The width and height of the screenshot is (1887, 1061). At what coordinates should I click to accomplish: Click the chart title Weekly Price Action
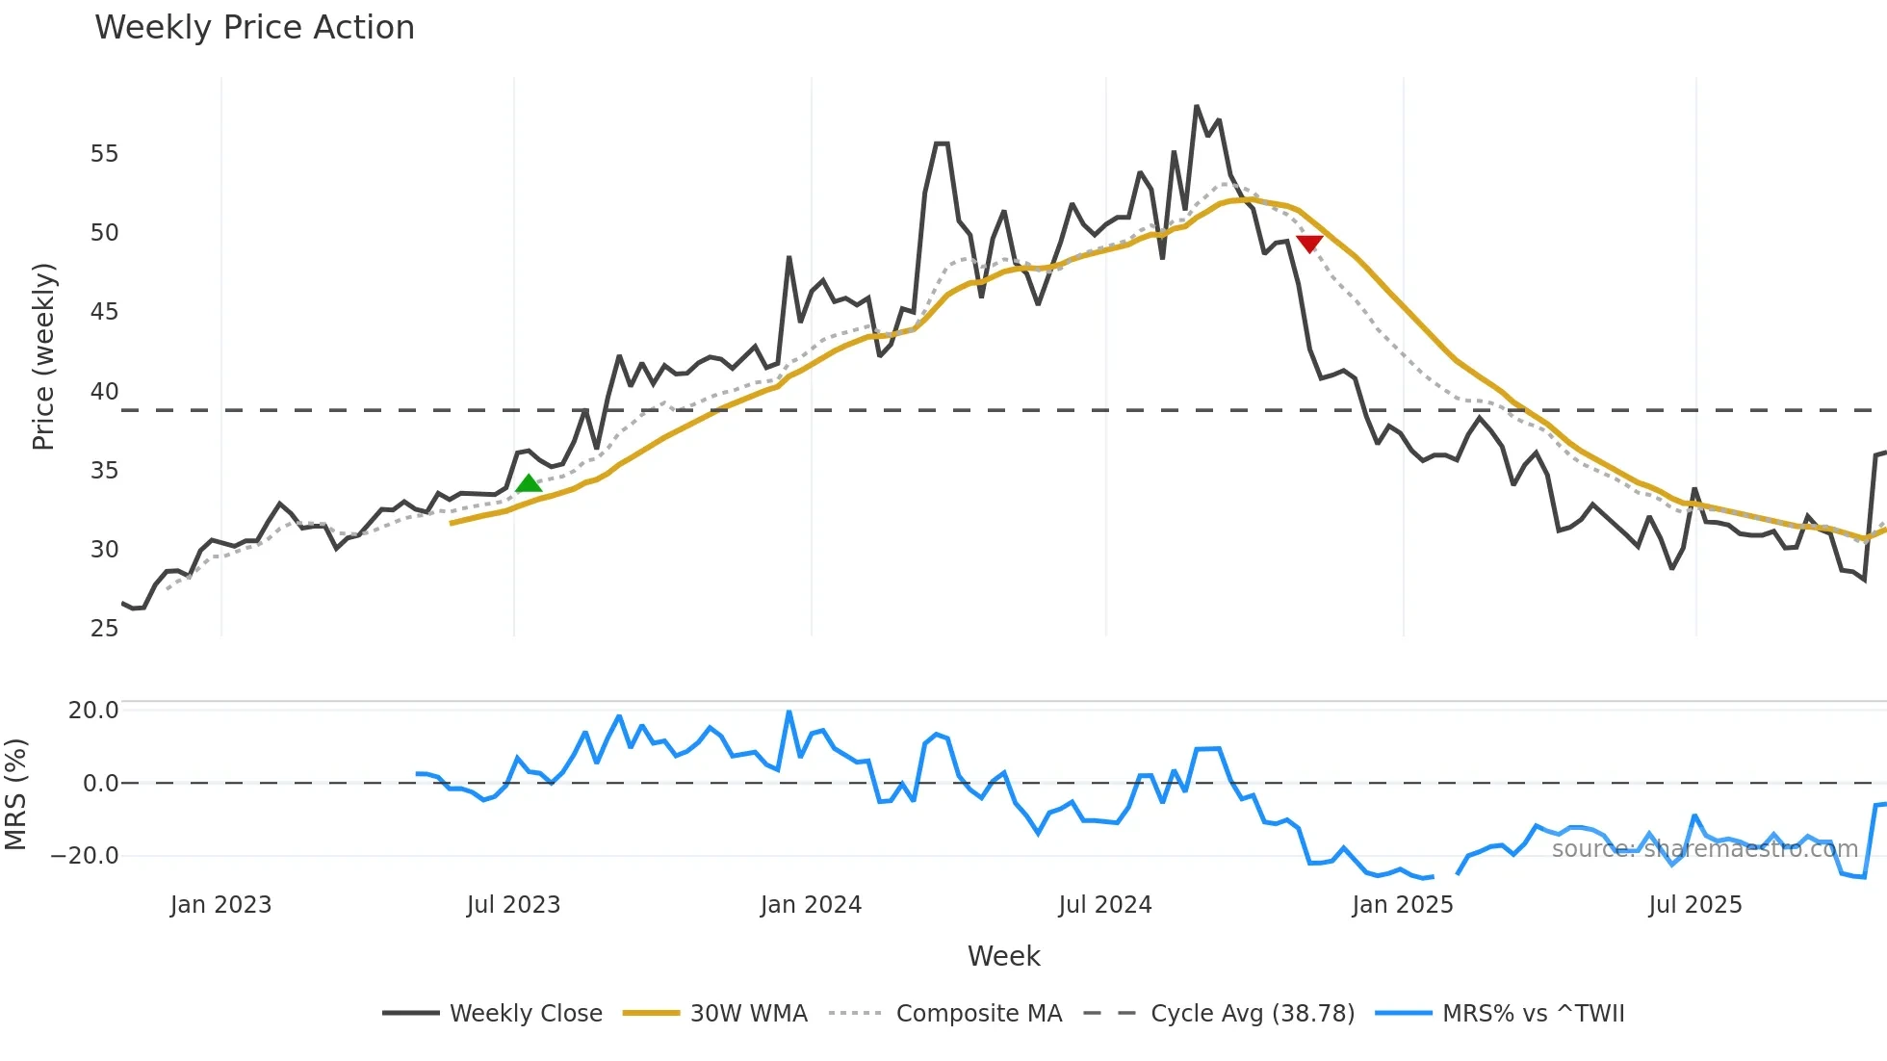point(254,28)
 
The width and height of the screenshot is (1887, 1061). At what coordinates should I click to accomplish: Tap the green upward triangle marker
point(529,483)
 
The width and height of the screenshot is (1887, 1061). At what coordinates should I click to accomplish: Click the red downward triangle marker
point(1309,244)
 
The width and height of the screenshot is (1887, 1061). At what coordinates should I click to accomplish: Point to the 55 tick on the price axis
point(104,154)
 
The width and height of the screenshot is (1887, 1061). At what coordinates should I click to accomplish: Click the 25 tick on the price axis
point(104,629)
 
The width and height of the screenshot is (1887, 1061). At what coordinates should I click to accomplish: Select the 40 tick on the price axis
point(104,392)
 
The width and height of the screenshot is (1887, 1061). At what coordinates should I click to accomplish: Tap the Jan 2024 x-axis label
point(811,905)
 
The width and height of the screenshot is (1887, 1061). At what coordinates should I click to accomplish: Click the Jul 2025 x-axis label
point(1695,905)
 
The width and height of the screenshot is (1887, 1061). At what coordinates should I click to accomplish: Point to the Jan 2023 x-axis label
point(220,905)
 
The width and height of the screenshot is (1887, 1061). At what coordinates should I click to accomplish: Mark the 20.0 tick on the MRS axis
point(93,711)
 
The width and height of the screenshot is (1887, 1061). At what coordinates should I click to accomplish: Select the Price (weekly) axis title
point(43,356)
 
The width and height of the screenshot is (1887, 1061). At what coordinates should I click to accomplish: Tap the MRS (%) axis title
point(15,794)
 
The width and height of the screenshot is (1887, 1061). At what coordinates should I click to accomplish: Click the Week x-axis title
point(1003,956)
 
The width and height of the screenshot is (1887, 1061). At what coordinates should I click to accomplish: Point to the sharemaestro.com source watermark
point(1704,849)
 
